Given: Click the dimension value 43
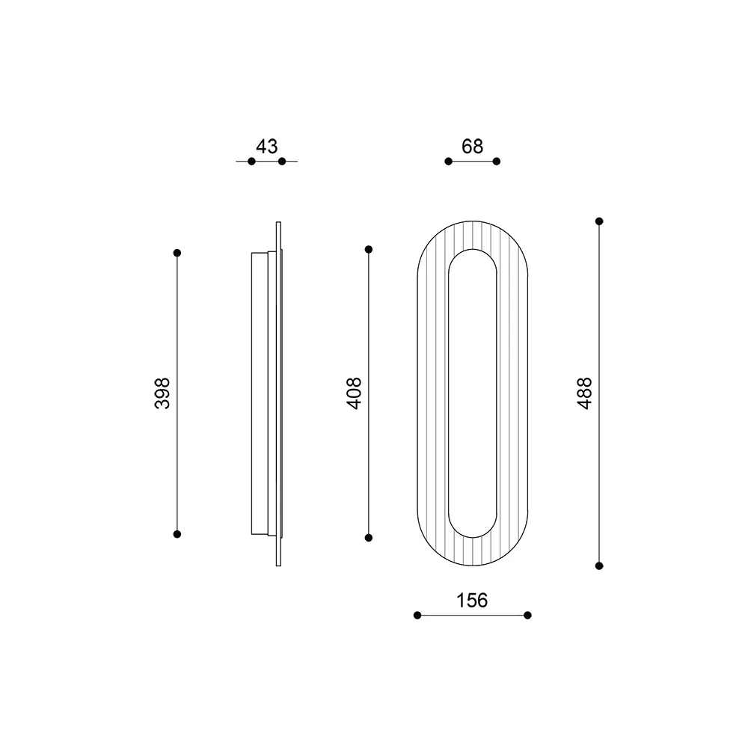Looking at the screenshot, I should coord(267,146).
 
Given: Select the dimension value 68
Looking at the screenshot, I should coord(472,146).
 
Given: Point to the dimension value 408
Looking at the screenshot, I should coord(355,392).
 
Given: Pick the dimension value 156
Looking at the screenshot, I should coord(472,600).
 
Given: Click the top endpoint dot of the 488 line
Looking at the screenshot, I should coord(599,221).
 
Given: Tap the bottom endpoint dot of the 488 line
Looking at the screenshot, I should coord(599,565).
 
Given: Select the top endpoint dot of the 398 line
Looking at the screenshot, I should coord(177,253).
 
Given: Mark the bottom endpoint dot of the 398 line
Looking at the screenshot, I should coord(177,534).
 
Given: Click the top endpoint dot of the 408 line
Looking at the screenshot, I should coord(369,248).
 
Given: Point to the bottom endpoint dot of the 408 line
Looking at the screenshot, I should coord(369,537).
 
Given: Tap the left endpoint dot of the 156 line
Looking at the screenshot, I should coord(417,615).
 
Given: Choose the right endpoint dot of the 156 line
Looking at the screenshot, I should coord(527,615).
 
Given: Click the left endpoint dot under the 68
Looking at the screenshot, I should coord(448,161).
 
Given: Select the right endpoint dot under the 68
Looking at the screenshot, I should coord(497,161).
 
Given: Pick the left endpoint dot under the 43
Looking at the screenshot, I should coord(251,161).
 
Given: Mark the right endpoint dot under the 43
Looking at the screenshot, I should coord(282,161).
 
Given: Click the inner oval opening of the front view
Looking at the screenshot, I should coord(472,393).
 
